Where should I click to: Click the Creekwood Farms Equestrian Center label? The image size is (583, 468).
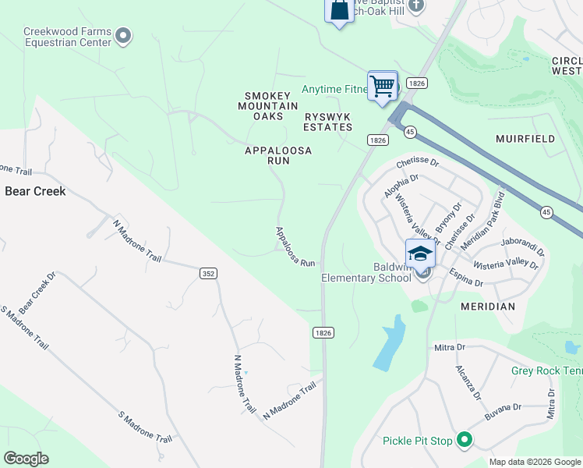point(68,37)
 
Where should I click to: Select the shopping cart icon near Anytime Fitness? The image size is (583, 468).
point(383,86)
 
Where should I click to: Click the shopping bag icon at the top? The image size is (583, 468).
point(339,11)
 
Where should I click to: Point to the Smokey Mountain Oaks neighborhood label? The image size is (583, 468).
point(267,105)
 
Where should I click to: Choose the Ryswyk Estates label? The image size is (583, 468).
point(327,121)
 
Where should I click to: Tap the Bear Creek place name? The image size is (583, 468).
point(35,190)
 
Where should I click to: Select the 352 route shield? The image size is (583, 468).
point(208,273)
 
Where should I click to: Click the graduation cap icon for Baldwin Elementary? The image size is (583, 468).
point(420,253)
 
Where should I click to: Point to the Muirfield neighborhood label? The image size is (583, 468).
point(525,139)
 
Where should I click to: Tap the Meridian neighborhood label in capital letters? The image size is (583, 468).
point(488,307)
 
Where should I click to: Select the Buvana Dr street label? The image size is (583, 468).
point(507,407)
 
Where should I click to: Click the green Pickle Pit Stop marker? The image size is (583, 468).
point(465,441)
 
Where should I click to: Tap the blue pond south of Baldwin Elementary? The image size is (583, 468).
point(390,343)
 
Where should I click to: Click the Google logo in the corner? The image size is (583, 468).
point(26,459)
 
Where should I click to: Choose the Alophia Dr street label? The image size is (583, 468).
point(401,187)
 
